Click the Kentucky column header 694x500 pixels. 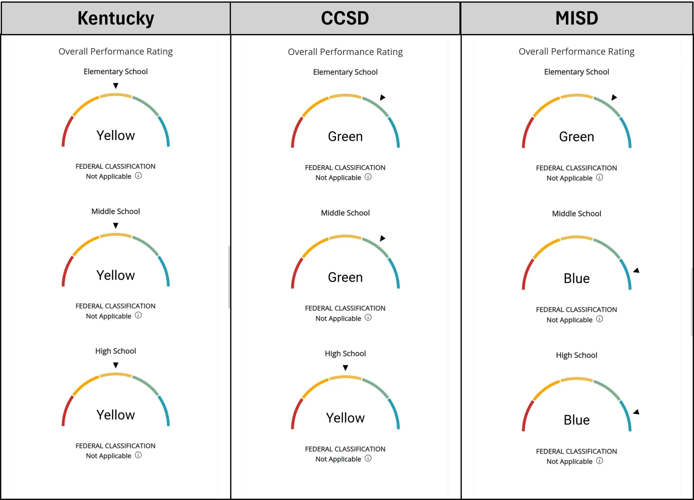tap(116, 18)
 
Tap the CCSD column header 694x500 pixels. tap(345, 18)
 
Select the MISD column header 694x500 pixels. tap(577, 18)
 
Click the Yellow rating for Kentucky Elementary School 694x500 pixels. tap(116, 135)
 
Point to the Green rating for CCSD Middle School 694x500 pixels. tap(345, 277)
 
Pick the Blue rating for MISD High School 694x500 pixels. tap(577, 420)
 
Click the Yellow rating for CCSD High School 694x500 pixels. tap(345, 418)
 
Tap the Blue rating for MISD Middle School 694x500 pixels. tap(577, 279)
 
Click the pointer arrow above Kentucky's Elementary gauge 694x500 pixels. tap(116, 86)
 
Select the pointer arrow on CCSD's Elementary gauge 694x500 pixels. tap(383, 97)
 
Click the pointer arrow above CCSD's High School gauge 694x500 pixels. tap(345, 368)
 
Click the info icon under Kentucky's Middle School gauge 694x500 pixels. tap(138, 315)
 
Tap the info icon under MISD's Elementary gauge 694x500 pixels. tap(599, 178)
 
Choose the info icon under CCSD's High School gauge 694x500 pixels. tap(368, 458)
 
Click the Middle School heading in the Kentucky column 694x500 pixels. tap(116, 211)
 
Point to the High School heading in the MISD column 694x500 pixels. tap(577, 355)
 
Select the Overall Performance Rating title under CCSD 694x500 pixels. tap(345, 52)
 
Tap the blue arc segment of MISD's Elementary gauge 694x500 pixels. tap(626, 132)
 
